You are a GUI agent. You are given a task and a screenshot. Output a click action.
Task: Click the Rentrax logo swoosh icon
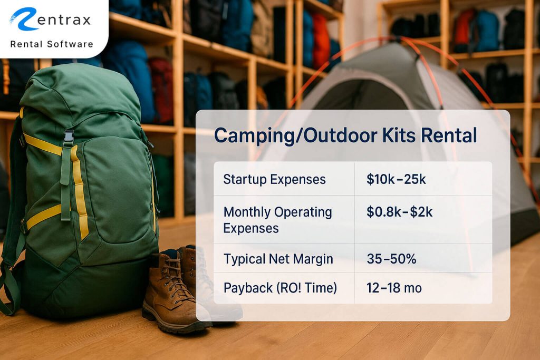pyautogui.click(x=23, y=19)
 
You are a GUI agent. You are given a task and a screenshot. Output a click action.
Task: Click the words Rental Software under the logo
pyautogui.click(x=52, y=44)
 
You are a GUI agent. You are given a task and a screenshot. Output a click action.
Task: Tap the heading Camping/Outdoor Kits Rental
pyautogui.click(x=345, y=135)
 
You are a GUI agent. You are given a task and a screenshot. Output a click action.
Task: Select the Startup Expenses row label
pyautogui.click(x=274, y=179)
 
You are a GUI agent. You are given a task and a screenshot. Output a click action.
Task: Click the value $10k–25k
pyautogui.click(x=396, y=179)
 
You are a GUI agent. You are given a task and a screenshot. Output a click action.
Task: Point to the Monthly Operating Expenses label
pyautogui.click(x=277, y=220)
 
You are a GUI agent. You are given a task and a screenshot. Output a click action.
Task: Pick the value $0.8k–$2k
pyautogui.click(x=400, y=212)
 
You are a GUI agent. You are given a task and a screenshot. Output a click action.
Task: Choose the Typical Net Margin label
pyautogui.click(x=278, y=259)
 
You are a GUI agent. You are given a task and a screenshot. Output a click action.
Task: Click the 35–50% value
pyautogui.click(x=391, y=259)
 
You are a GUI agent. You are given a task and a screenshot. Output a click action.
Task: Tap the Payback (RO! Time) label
pyautogui.click(x=280, y=288)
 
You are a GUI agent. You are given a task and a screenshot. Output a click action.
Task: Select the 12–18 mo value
pyautogui.click(x=394, y=288)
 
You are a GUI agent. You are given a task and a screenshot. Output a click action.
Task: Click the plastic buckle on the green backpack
pyautogui.click(x=69, y=138)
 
